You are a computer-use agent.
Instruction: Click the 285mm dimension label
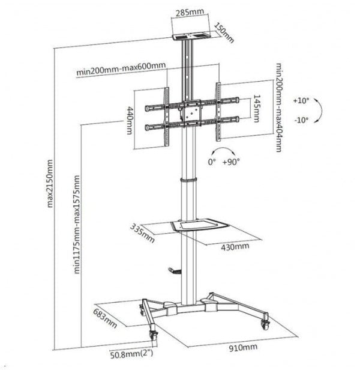190,12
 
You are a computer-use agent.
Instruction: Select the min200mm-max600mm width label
121,68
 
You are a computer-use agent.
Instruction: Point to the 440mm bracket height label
130,120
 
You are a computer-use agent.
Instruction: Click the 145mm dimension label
257,108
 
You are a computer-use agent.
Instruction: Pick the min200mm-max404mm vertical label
278,108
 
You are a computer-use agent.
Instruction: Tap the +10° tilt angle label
301,100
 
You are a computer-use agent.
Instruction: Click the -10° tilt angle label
301,120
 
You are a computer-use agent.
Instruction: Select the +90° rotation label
231,162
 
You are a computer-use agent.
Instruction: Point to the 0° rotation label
212,162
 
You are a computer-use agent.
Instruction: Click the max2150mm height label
50,184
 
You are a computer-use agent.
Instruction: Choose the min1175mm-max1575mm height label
77,225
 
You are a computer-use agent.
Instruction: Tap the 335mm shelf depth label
142,233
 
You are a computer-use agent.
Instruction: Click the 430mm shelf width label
235,247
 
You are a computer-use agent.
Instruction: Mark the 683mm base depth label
105,318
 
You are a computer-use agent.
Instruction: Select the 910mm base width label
243,347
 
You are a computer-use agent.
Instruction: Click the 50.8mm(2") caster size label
131,354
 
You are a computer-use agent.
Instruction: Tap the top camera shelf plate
191,37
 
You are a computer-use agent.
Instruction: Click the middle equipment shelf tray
200,225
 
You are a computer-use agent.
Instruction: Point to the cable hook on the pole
175,271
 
